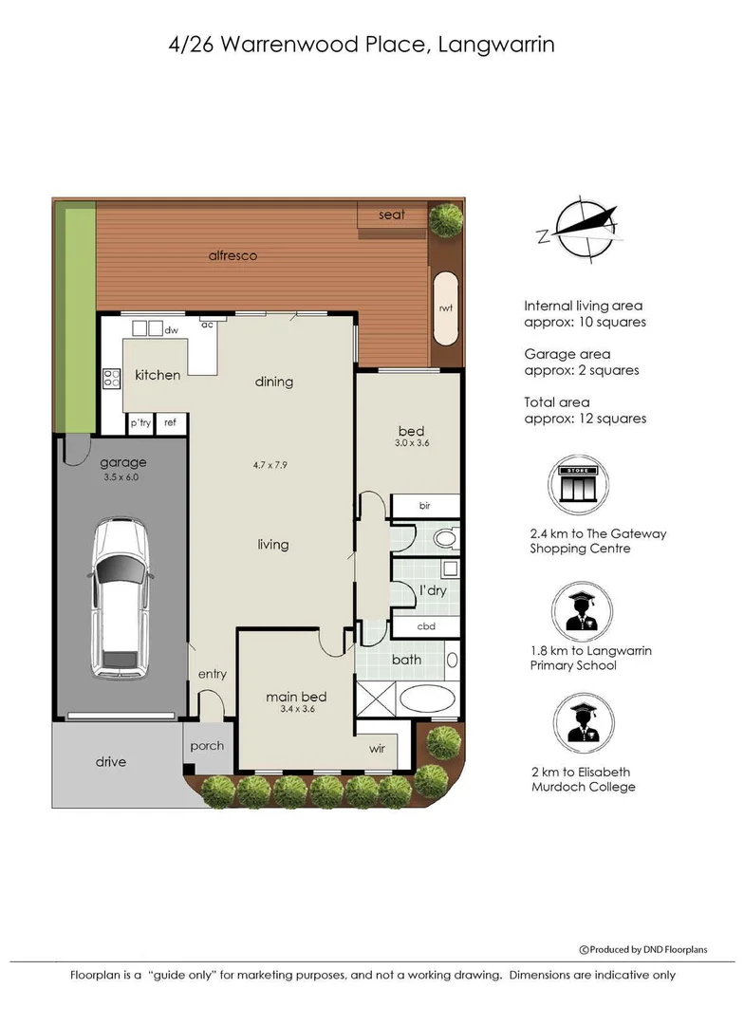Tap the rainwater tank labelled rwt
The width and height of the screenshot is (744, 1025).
tap(445, 308)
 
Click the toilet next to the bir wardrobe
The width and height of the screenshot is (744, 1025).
tap(444, 538)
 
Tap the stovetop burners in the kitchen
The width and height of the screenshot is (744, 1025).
tap(111, 379)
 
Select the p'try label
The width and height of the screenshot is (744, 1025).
tap(140, 422)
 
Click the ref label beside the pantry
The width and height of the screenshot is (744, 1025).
tap(171, 422)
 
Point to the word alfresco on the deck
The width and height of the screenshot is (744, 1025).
tap(232, 255)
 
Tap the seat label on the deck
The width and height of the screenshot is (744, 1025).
tap(391, 214)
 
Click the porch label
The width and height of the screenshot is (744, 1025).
tap(207, 745)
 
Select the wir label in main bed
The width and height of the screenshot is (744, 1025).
tap(378, 749)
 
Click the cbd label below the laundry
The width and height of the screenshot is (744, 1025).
tap(426, 627)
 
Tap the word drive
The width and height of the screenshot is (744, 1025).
tap(110, 761)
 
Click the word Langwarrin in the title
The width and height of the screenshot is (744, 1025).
tap(497, 44)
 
